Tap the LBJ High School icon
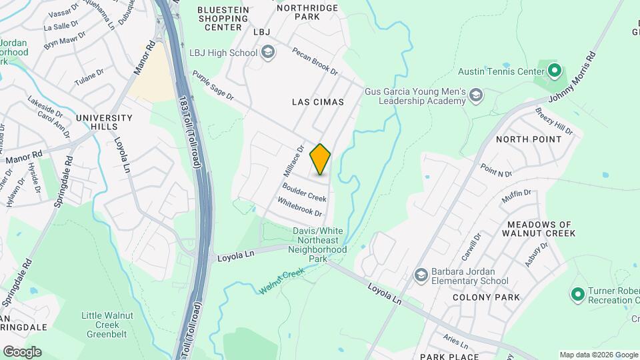[x=268, y=53]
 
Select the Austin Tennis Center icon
[x=554, y=70]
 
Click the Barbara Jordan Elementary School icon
[x=421, y=275]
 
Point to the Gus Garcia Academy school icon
[x=475, y=97]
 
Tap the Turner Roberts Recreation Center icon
[x=577, y=293]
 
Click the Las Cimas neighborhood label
[x=318, y=102]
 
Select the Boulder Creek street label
[x=304, y=193]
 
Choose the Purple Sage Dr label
[x=213, y=86]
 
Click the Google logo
[x=21, y=351]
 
